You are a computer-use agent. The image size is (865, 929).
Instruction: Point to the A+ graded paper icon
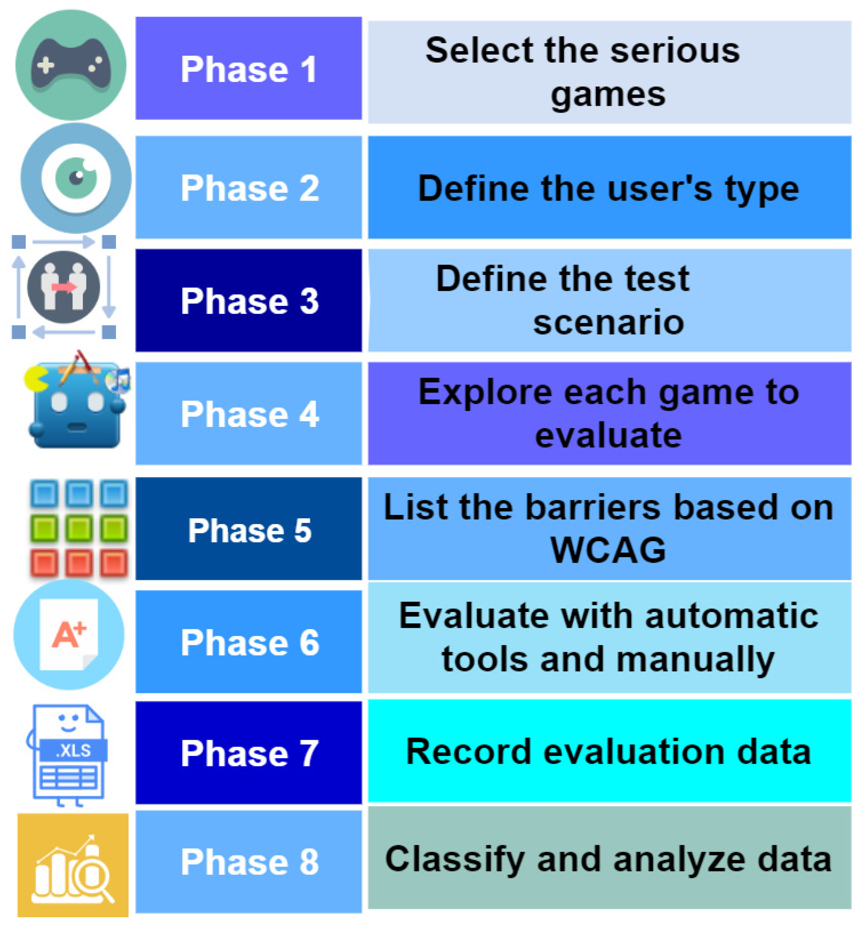pyautogui.click(x=69, y=634)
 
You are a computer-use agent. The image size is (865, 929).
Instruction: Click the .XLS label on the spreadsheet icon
pyautogui.click(x=73, y=750)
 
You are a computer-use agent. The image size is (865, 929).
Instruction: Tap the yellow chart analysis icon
pyautogui.click(x=73, y=865)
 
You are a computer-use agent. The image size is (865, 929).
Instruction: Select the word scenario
pyautogui.click(x=608, y=322)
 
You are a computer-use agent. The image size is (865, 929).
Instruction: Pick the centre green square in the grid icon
pyautogui.click(x=79, y=529)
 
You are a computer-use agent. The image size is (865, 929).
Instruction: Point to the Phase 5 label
pyautogui.click(x=250, y=530)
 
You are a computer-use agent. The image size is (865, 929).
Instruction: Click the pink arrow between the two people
pyautogui.click(x=64, y=286)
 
